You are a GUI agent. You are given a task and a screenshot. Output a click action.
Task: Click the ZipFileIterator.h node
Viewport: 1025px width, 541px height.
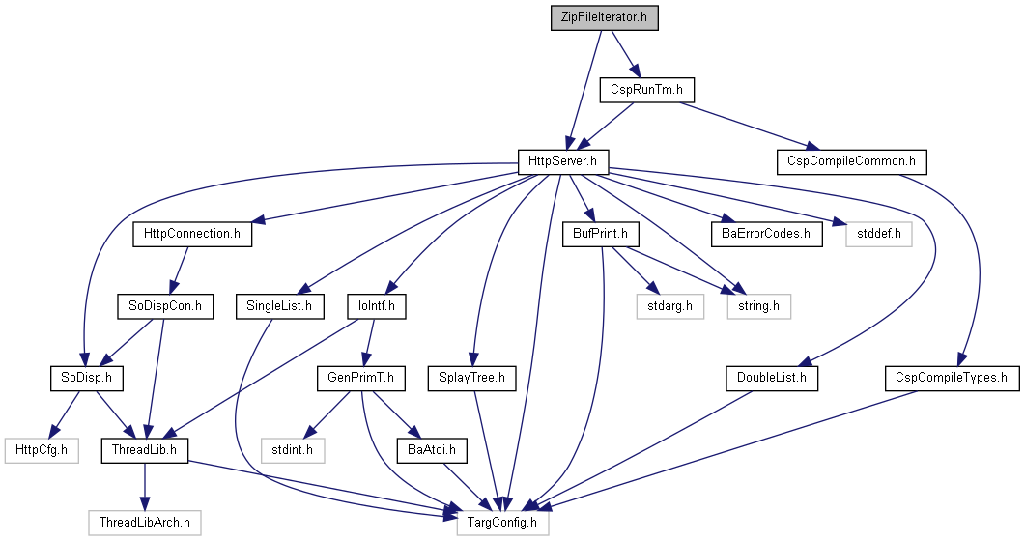pos(604,17)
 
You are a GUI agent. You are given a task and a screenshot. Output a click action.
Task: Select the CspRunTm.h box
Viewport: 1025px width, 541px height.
pos(646,90)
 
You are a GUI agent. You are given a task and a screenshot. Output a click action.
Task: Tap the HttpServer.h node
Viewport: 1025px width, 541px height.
pos(563,162)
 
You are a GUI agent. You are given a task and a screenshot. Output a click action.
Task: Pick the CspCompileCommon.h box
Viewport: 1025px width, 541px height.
pos(852,162)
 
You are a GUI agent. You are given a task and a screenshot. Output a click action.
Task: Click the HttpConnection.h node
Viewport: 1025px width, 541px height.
pos(192,234)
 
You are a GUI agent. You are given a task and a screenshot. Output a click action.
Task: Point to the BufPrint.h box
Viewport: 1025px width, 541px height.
pos(600,234)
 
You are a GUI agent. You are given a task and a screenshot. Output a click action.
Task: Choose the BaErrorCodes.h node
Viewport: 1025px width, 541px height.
pos(767,234)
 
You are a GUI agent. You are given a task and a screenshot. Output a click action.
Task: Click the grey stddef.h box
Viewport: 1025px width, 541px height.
pos(878,234)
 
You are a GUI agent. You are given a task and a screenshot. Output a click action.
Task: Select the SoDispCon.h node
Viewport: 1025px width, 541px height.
pos(165,306)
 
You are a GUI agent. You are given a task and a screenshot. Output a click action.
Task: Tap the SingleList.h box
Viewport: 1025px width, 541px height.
pos(280,306)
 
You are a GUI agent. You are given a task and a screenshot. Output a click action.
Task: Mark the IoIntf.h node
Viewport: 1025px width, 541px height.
pos(377,306)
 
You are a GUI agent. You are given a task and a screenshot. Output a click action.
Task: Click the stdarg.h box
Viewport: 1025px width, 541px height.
pos(670,306)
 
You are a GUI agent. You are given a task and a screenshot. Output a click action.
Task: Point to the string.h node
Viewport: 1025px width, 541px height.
pos(759,306)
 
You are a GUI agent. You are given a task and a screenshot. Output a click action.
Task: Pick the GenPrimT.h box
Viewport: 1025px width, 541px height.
pos(361,379)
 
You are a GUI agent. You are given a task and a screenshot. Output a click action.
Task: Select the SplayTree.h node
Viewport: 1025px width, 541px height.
pos(472,379)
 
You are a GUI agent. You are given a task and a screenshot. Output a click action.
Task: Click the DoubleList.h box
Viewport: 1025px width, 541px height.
pos(772,379)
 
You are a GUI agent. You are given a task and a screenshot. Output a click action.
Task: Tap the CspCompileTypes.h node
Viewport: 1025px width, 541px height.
pos(953,379)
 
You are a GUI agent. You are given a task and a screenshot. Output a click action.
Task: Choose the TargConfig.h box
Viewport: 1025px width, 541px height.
pos(502,523)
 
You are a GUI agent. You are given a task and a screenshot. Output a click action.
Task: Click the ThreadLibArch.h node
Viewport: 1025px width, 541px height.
pos(145,523)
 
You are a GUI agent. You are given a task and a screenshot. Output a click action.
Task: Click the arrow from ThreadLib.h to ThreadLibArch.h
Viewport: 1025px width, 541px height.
pos(145,487)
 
